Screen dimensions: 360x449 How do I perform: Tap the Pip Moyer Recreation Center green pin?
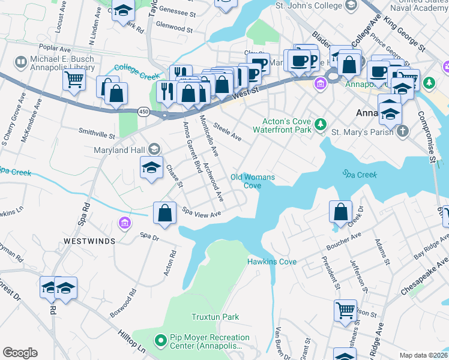pos(160,341)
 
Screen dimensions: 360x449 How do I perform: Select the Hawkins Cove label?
pos(272,262)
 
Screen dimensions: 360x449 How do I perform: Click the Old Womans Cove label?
pos(253,181)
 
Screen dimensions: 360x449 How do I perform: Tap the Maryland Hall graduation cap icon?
pos(154,149)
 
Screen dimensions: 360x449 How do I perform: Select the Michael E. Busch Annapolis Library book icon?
pos(21,62)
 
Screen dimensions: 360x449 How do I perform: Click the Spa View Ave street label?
pos(202,213)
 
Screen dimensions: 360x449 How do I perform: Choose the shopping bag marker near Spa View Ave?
pos(165,214)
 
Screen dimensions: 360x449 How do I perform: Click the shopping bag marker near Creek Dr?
pos(340,212)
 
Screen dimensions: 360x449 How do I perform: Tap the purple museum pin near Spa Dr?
pos(125,224)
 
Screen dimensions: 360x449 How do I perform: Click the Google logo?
pos(20,353)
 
